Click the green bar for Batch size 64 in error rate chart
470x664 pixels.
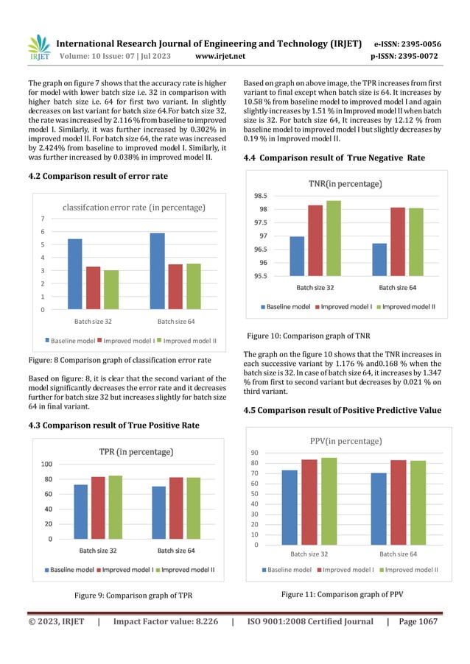point(194,286)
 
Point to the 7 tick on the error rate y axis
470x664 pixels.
point(42,219)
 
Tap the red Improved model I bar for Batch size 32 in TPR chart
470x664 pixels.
point(98,507)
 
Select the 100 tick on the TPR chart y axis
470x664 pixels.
point(46,464)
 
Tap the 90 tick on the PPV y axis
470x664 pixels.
point(274,453)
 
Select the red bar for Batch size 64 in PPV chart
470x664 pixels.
point(399,502)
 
